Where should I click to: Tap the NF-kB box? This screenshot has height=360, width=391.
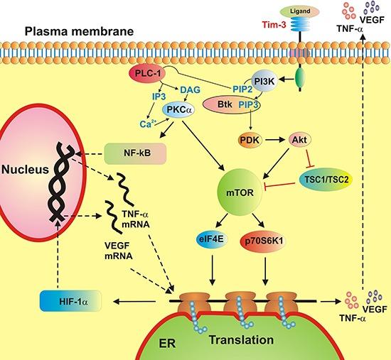pyautogui.click(x=129, y=151)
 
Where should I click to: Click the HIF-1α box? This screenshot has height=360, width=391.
pyautogui.click(x=70, y=302)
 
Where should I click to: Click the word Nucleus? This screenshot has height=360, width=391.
pyautogui.click(x=23, y=169)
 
